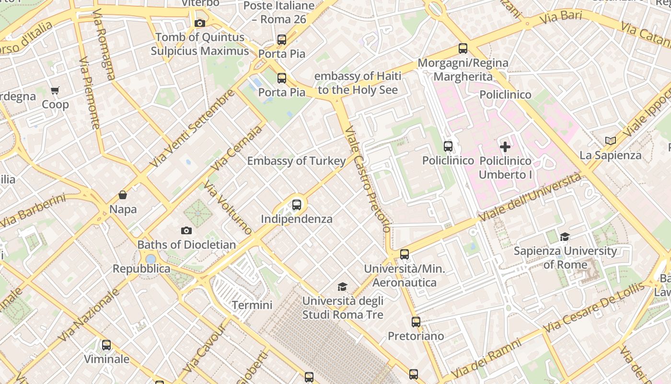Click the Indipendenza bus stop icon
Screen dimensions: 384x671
(297, 205)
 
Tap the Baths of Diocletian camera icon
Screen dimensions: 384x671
(186, 231)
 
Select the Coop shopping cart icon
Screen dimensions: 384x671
(55, 90)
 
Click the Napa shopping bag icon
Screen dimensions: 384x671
(123, 195)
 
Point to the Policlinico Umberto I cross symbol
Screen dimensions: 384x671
(505, 147)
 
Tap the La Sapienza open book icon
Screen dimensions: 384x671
(610, 141)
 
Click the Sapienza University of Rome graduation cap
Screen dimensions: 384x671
(565, 237)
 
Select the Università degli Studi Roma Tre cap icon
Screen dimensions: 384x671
(342, 287)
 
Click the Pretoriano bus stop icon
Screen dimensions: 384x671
(416, 322)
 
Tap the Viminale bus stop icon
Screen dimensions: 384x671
(106, 345)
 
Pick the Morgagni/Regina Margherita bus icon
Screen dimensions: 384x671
(463, 48)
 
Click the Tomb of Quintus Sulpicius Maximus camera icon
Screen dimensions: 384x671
(200, 23)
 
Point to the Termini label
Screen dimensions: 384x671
(252, 305)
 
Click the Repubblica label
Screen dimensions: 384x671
(141, 269)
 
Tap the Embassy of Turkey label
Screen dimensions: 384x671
(296, 161)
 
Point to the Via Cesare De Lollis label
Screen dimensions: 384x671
(594, 308)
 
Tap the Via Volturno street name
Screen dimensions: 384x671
(227, 207)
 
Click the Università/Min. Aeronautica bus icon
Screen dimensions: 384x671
(405, 254)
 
